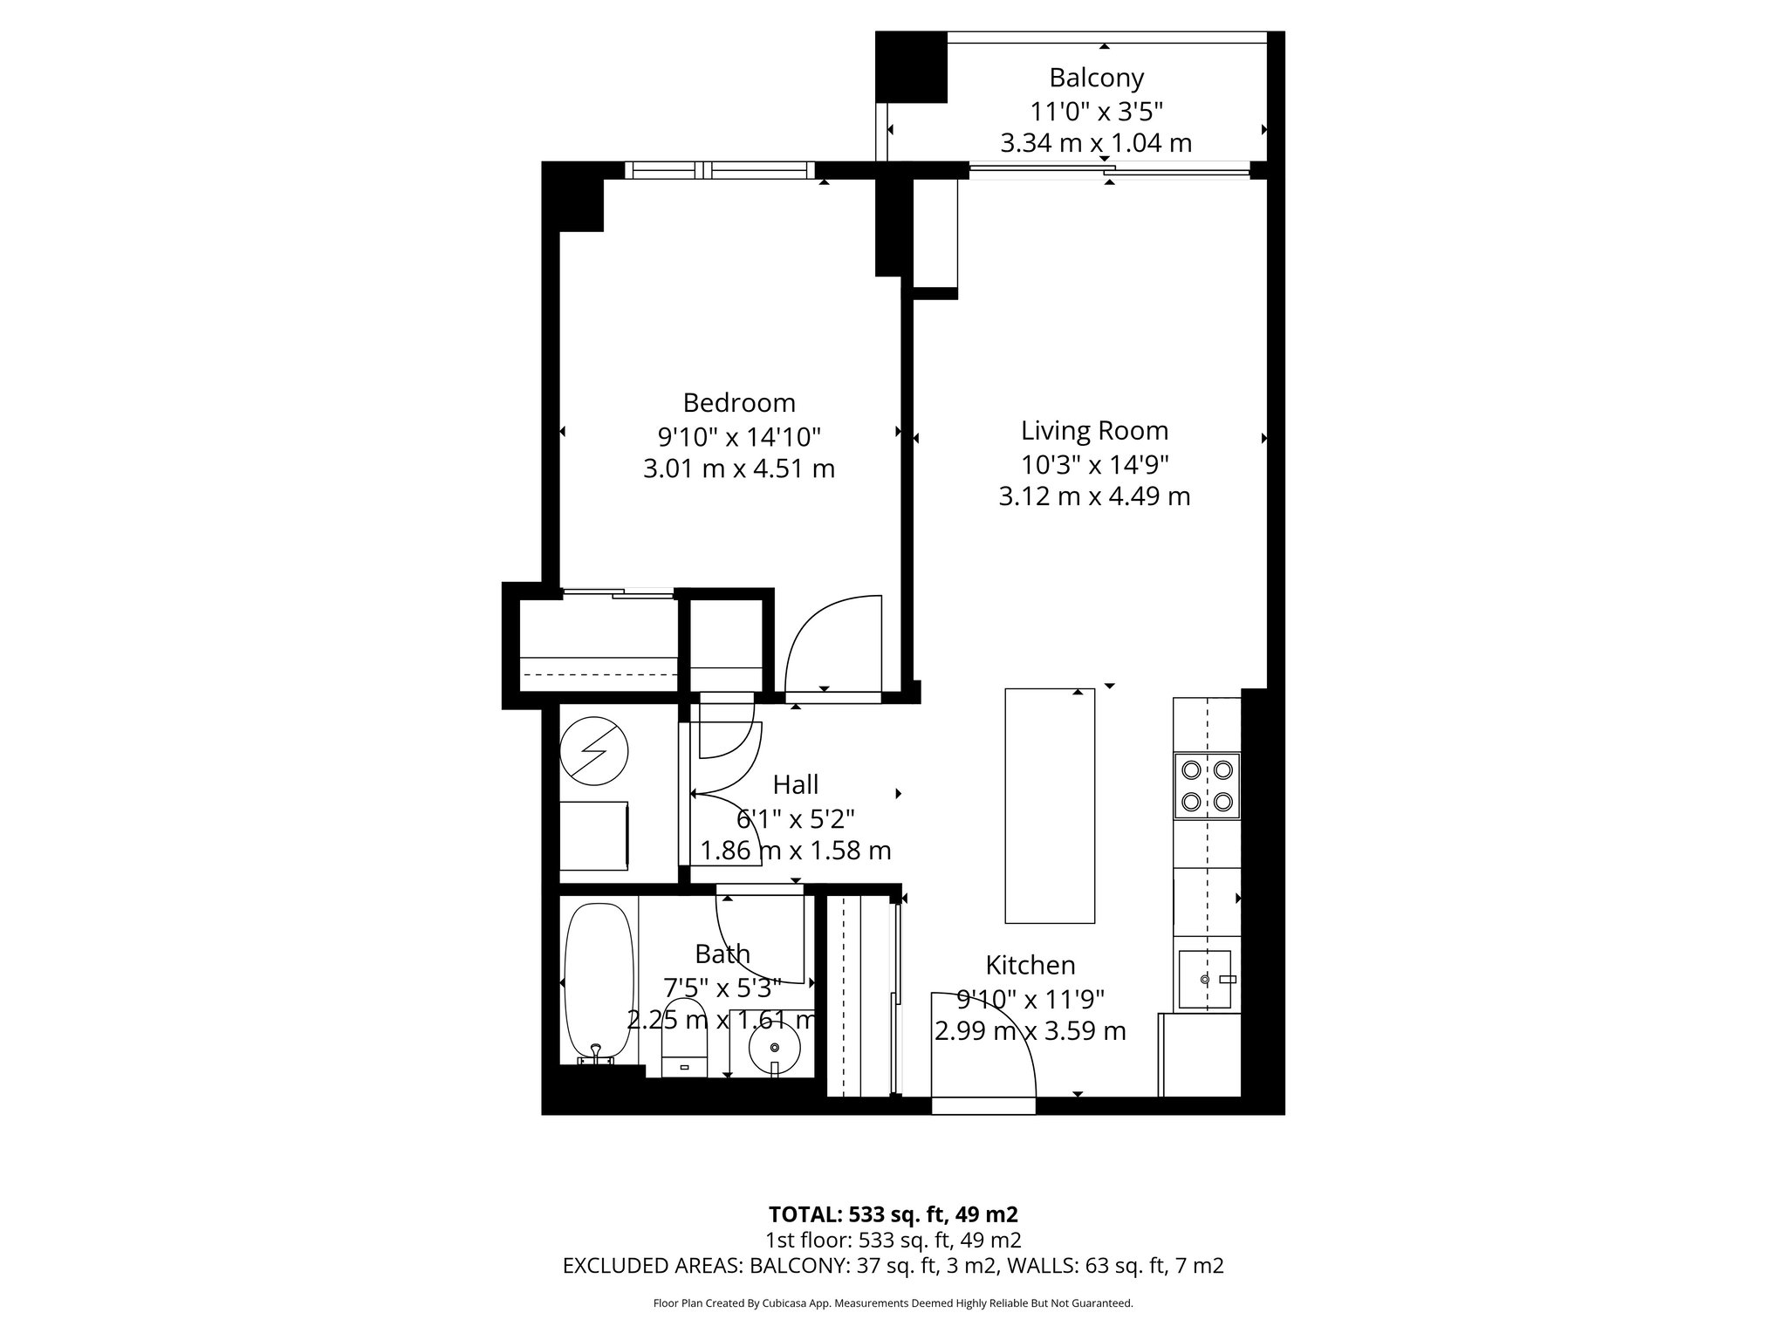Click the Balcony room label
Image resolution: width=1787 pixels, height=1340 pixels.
(x=1096, y=79)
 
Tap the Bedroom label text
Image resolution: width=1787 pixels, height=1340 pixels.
(x=739, y=403)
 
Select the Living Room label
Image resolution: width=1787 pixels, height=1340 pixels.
(x=1094, y=431)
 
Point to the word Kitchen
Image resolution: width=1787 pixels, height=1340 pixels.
(x=1030, y=965)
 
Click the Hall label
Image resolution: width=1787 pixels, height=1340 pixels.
(x=795, y=785)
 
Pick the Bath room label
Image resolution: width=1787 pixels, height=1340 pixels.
(x=722, y=954)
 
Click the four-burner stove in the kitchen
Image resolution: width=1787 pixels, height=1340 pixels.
(x=1206, y=785)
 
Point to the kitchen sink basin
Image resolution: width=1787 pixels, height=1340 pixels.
(x=1204, y=979)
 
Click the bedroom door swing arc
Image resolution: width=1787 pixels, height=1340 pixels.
(x=829, y=641)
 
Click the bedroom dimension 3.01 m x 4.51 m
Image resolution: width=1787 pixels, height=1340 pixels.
(x=739, y=469)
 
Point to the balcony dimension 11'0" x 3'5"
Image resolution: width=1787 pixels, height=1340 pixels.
(x=1096, y=112)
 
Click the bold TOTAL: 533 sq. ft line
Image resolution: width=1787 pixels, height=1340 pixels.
(x=893, y=1214)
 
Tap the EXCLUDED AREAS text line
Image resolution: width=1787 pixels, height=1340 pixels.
(x=893, y=1266)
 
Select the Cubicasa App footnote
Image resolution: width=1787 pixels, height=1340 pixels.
(x=893, y=1303)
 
